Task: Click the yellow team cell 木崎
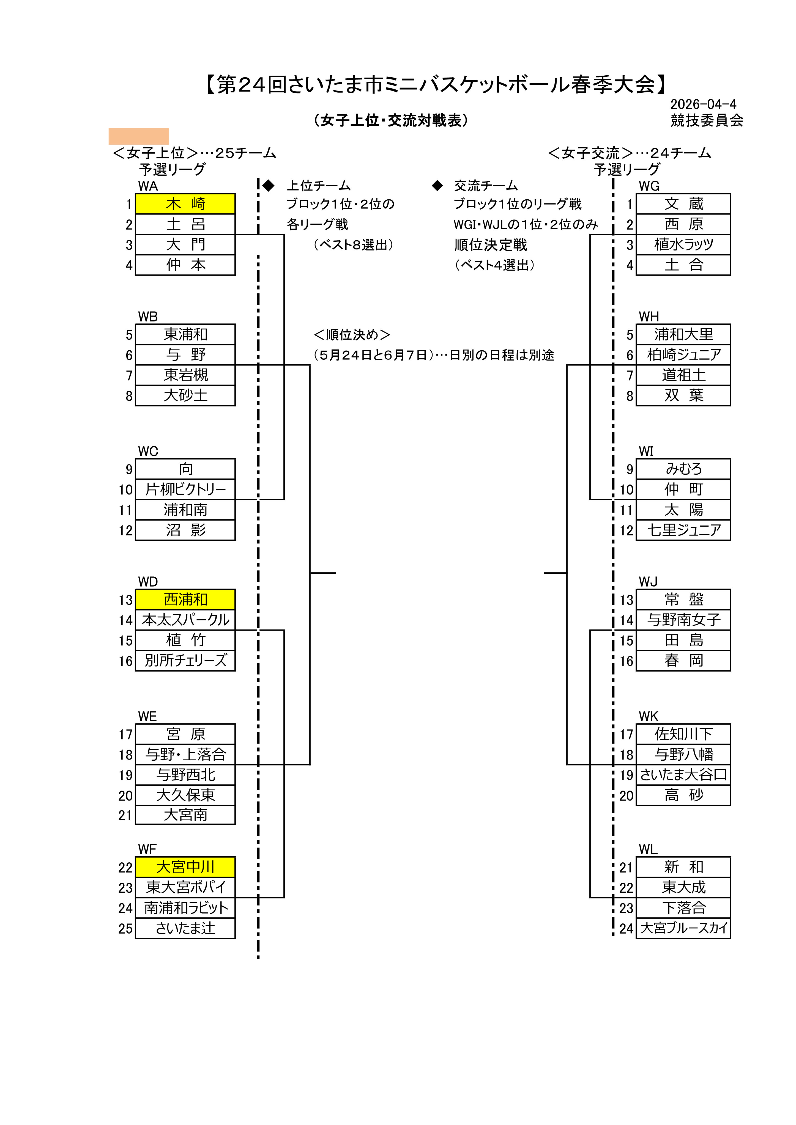[185, 204]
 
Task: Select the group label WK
[649, 716]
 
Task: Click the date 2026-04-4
[703, 104]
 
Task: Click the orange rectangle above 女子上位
[139, 136]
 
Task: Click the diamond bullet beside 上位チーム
[269, 186]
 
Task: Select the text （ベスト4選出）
[494, 265]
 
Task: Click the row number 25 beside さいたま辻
[125, 929]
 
